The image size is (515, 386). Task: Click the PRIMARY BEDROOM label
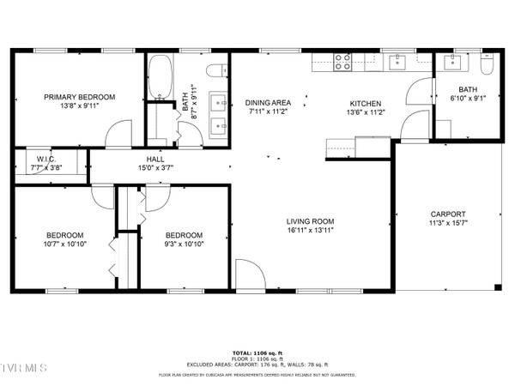click(x=80, y=98)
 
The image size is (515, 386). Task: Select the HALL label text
click(x=155, y=160)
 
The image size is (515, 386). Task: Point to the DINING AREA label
click(x=267, y=102)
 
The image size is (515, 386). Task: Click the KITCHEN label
click(x=364, y=102)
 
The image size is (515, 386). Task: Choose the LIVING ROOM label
click(x=310, y=221)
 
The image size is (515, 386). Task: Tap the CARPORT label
click(x=448, y=214)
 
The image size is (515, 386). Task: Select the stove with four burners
click(x=343, y=61)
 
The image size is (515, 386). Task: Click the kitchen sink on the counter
click(x=398, y=62)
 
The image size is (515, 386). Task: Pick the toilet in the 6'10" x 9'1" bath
click(x=487, y=65)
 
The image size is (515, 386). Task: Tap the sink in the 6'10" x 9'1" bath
click(x=450, y=62)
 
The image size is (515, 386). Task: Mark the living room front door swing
click(x=249, y=276)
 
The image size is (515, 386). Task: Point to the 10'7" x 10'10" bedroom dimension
click(x=64, y=244)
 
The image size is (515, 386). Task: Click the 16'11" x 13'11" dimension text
click(x=310, y=230)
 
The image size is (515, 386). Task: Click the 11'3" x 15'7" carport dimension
click(x=448, y=223)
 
